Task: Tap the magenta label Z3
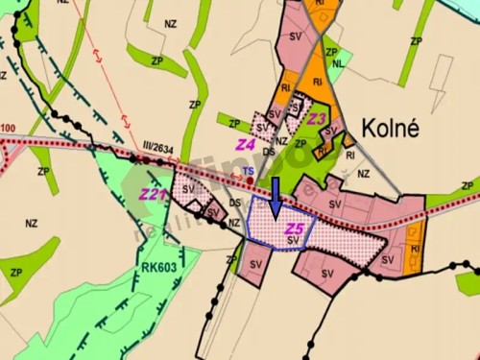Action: point(318,119)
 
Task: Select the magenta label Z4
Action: point(246,144)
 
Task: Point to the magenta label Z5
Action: point(295,228)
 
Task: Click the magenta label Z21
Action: point(154,195)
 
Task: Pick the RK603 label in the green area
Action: point(156,268)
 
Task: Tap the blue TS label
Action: point(249,170)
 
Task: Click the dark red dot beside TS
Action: point(251,180)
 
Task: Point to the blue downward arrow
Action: point(276,196)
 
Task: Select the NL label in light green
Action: point(338,65)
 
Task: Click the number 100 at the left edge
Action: point(9,129)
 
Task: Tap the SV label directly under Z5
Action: point(292,240)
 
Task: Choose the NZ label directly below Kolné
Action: point(363,174)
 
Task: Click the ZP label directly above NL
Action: point(332,52)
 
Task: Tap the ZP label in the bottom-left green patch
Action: point(16,273)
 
